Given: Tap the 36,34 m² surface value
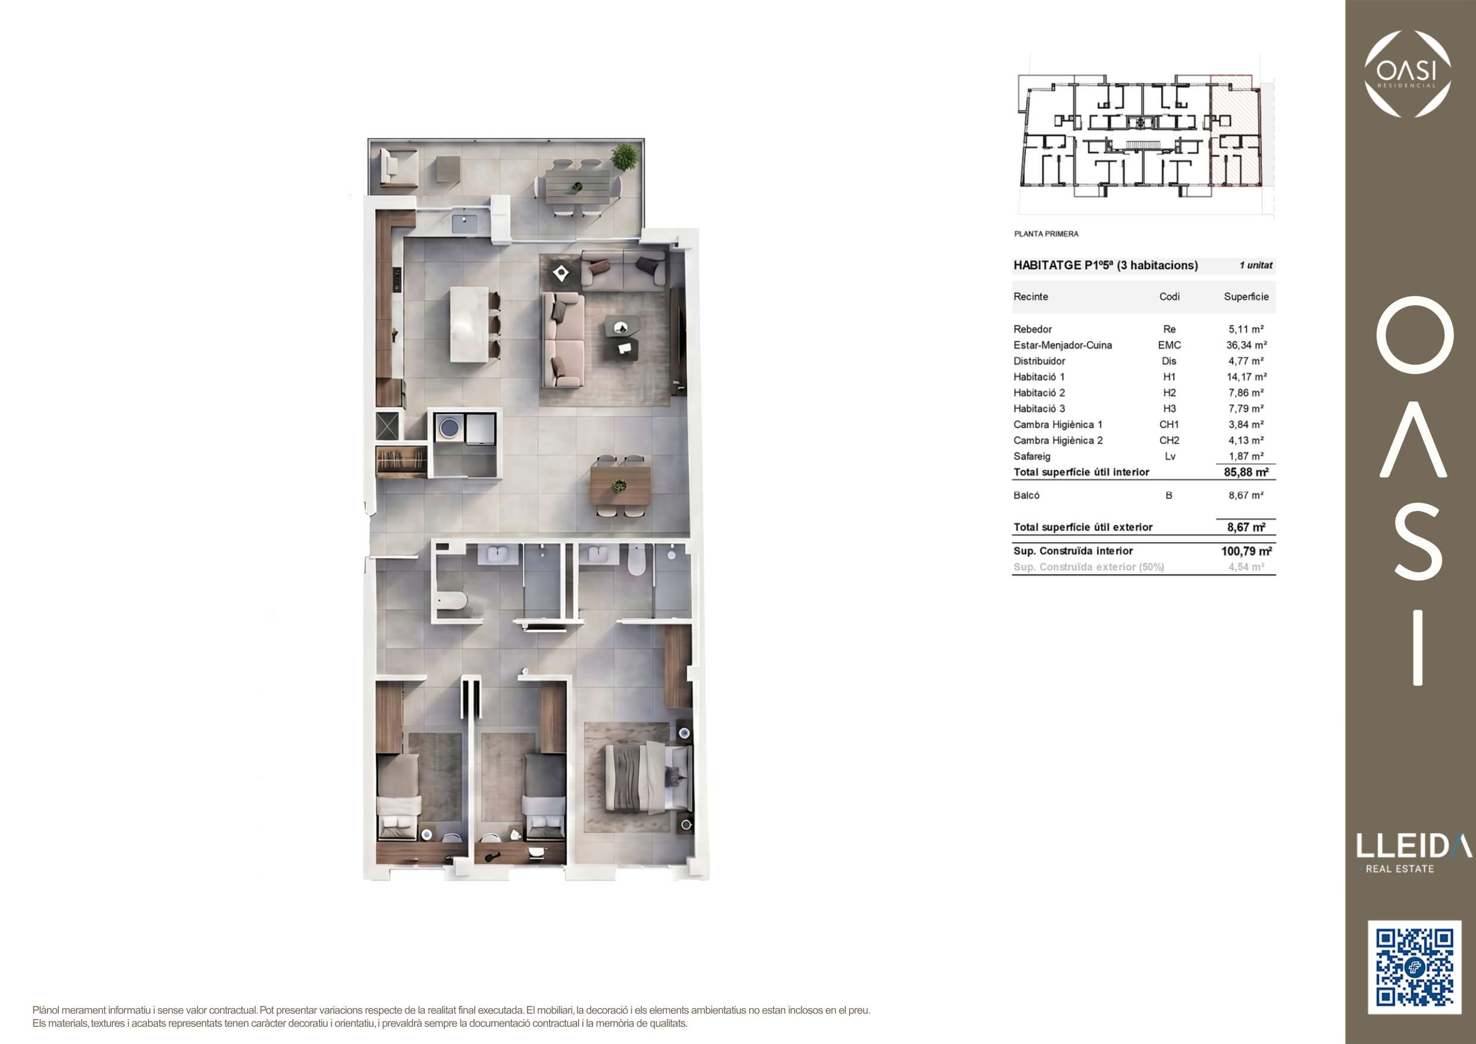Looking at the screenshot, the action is pyautogui.click(x=1246, y=345).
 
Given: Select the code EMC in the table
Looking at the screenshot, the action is pyautogui.click(x=1170, y=345).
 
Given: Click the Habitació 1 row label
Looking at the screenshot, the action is pyautogui.click(x=1039, y=377).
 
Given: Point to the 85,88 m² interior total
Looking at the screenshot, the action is pyautogui.click(x=1246, y=472).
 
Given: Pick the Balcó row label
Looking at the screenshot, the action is pyautogui.click(x=1026, y=495).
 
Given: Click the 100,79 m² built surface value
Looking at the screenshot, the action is pyautogui.click(x=1246, y=551).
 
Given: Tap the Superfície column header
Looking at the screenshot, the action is pyautogui.click(x=1246, y=296).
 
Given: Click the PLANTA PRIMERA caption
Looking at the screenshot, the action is pyautogui.click(x=1046, y=234).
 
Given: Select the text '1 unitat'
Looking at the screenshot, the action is pyautogui.click(x=1255, y=265).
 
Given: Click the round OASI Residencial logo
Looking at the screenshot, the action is pyautogui.click(x=1408, y=74).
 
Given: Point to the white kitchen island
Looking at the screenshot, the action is pyautogui.click(x=469, y=324).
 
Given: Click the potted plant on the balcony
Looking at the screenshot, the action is pyautogui.click(x=624, y=156).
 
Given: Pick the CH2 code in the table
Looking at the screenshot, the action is pyautogui.click(x=1170, y=440).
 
